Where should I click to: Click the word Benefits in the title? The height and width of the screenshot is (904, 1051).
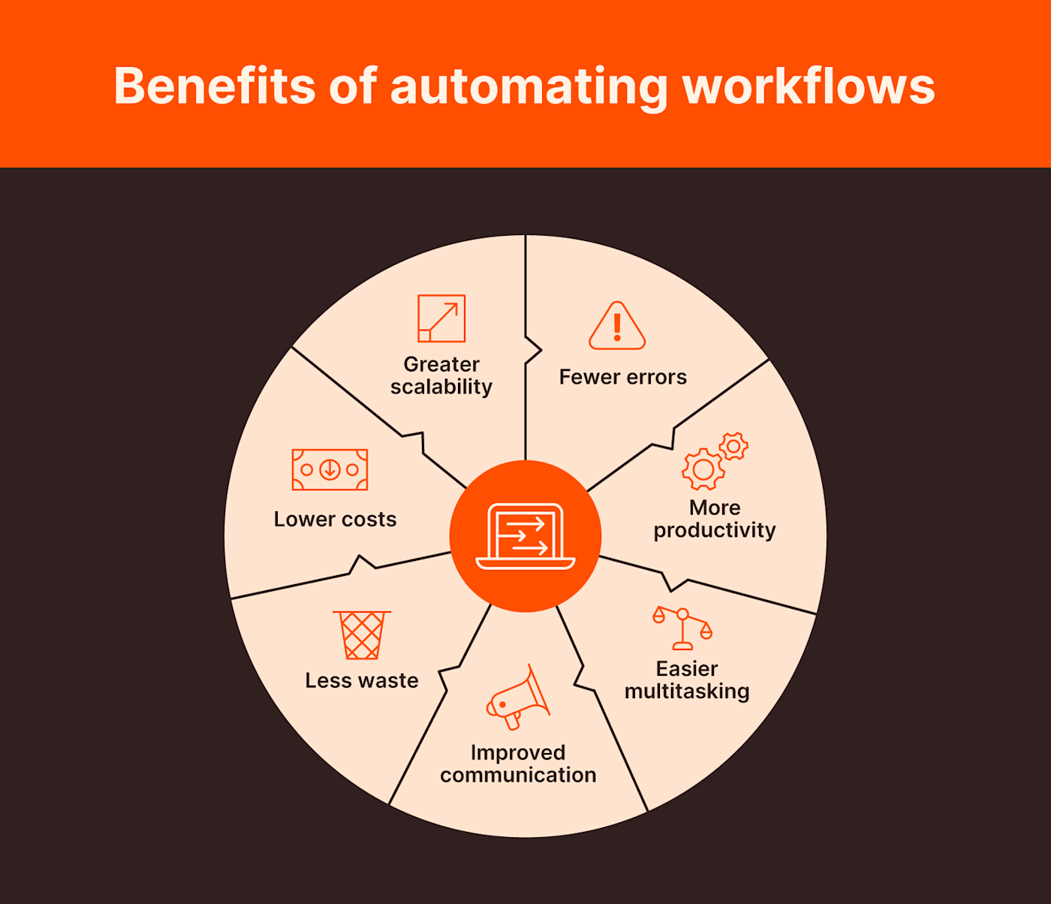(x=214, y=86)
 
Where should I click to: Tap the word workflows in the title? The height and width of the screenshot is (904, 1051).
(x=809, y=86)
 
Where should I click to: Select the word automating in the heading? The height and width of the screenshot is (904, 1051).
(x=529, y=87)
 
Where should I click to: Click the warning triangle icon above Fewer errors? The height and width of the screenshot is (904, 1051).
(x=617, y=327)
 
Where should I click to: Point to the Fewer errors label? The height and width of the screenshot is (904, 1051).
(x=622, y=377)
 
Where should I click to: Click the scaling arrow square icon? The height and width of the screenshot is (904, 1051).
(x=441, y=318)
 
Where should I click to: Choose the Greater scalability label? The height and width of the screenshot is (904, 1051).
(x=441, y=375)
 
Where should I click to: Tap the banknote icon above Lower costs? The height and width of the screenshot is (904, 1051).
(x=330, y=470)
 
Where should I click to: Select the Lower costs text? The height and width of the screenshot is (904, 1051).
(x=335, y=520)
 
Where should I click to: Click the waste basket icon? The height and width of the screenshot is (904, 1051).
(x=362, y=635)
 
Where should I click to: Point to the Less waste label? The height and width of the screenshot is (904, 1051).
(x=362, y=681)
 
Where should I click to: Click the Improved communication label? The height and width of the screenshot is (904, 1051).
(x=518, y=764)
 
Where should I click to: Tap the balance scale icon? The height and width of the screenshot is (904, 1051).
(x=682, y=628)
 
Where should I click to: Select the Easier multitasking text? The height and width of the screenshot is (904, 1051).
(x=687, y=680)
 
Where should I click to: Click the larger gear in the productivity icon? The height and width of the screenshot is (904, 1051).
(x=703, y=470)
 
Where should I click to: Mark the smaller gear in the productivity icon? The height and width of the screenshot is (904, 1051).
(x=733, y=446)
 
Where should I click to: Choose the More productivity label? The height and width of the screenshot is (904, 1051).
(x=715, y=519)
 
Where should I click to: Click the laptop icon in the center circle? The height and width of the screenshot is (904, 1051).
(x=525, y=536)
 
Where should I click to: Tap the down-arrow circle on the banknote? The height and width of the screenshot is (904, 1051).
(x=330, y=470)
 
